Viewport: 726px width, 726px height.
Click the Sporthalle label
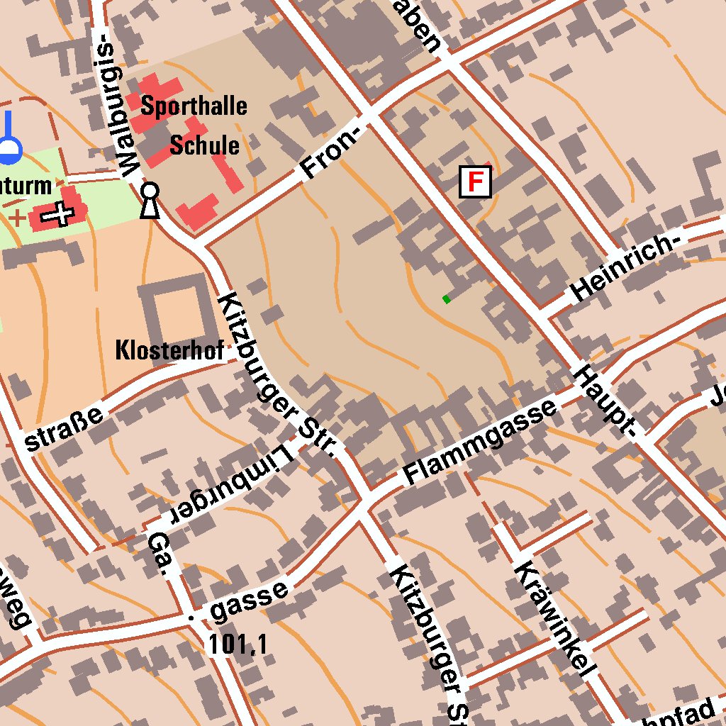pyautogui.click(x=194, y=106)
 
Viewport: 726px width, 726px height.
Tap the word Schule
pyautogui.click(x=204, y=145)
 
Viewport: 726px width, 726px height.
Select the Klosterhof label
pyautogui.click(x=169, y=350)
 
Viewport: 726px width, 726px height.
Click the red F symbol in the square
pyautogui.click(x=475, y=182)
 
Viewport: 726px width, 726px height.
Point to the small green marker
pyautogui.click(x=447, y=299)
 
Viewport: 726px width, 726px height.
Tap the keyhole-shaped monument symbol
pyautogui.click(x=150, y=201)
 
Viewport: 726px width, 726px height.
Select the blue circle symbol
pyautogui.click(x=9, y=147)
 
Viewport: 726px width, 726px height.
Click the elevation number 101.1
pyautogui.click(x=238, y=644)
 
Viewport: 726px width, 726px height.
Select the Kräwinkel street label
pyautogui.click(x=554, y=618)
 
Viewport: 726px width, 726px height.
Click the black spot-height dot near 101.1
pyautogui.click(x=190, y=618)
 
